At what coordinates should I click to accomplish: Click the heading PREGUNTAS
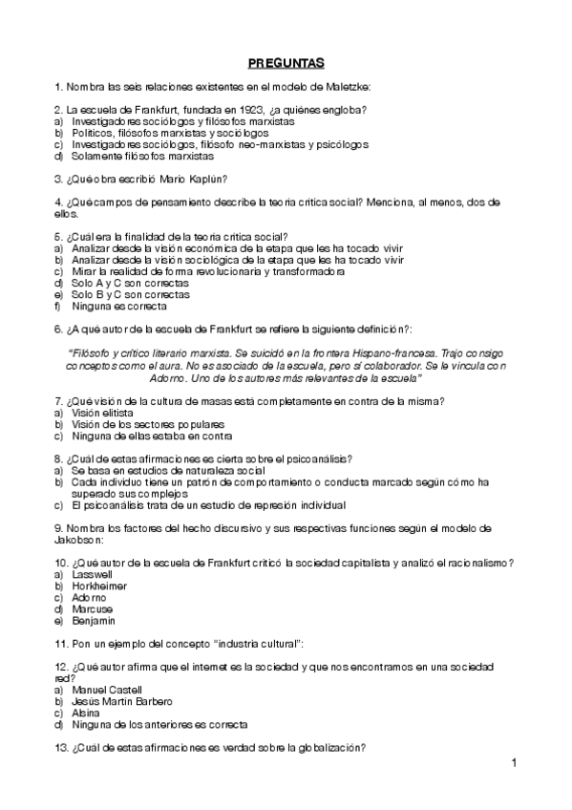click(x=286, y=64)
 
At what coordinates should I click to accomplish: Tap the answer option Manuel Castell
click(x=106, y=689)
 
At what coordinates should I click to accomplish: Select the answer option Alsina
click(x=85, y=713)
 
